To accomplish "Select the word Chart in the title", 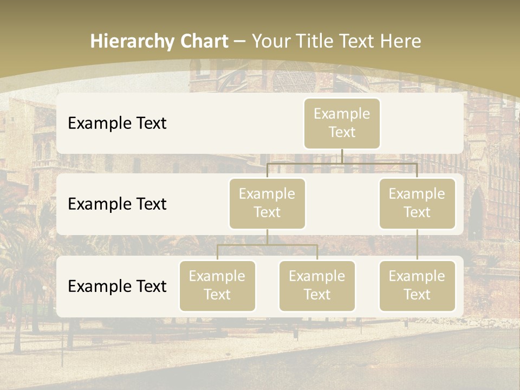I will click(x=201, y=41).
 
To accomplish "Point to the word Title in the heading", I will click(x=322, y=41).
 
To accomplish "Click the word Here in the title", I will click(x=401, y=41).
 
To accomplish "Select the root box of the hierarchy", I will click(x=342, y=123).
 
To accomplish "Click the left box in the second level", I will click(x=267, y=203).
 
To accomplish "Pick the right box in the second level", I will click(x=417, y=203).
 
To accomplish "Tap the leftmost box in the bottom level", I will click(x=217, y=285).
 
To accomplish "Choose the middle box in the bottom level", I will click(x=317, y=285).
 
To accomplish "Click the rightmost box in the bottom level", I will click(x=417, y=285).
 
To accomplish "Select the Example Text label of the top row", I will click(x=117, y=123).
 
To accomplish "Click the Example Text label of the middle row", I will click(x=117, y=204).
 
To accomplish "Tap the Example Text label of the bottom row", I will click(x=117, y=286).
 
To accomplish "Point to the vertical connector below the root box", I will click(x=342, y=156).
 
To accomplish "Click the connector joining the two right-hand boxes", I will click(x=417, y=245).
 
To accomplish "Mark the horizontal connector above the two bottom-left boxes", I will click(x=267, y=245).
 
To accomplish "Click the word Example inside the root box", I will click(x=342, y=114).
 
